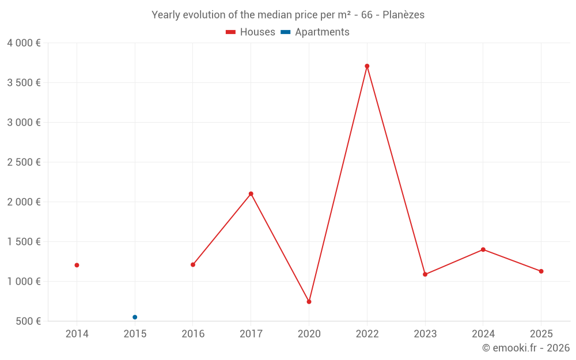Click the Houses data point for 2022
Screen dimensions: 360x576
point(367,66)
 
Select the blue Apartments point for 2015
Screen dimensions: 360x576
point(135,317)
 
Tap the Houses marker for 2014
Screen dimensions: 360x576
point(77,265)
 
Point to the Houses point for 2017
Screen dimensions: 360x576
point(251,194)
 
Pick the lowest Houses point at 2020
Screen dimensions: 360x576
point(309,302)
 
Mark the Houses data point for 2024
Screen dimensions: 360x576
point(483,249)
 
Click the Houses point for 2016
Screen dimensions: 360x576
point(193,265)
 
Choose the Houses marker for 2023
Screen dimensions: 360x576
point(425,274)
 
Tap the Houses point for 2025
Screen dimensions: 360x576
point(541,271)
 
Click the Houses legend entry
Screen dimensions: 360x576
point(251,32)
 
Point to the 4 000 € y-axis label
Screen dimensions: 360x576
point(24,43)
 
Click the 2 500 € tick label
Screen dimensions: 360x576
point(24,162)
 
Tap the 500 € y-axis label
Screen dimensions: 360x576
point(28,321)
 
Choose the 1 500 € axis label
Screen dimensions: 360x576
point(24,242)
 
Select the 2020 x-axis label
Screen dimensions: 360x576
point(309,334)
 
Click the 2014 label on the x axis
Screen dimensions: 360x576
point(77,334)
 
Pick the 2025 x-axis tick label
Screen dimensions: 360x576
point(541,334)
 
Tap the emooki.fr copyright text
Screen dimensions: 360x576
point(526,348)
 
